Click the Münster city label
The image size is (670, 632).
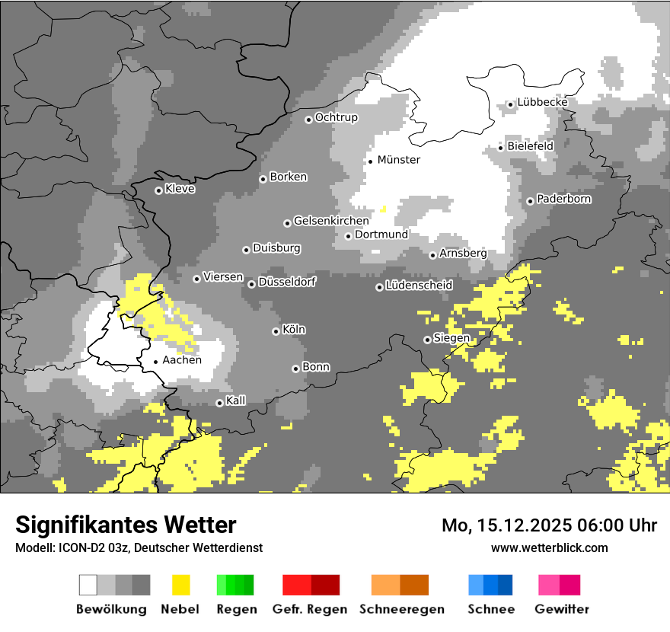(398, 160)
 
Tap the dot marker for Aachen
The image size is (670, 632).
(155, 362)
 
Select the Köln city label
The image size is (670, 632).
(293, 330)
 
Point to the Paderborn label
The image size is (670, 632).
(563, 199)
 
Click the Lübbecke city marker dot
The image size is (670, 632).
(510, 105)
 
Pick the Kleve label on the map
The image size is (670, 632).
(180, 189)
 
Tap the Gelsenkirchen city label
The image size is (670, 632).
(330, 221)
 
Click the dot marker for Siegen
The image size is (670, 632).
(427, 340)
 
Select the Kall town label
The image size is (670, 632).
(235, 401)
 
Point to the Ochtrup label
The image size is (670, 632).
(336, 117)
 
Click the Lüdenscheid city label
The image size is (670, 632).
(419, 285)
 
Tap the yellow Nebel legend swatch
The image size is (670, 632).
(180, 585)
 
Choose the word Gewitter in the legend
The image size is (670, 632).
(561, 609)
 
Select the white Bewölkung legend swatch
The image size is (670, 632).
(88, 585)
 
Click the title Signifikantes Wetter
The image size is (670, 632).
(126, 525)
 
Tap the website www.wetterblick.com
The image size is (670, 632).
(549, 547)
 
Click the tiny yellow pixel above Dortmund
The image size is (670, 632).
(383, 209)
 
